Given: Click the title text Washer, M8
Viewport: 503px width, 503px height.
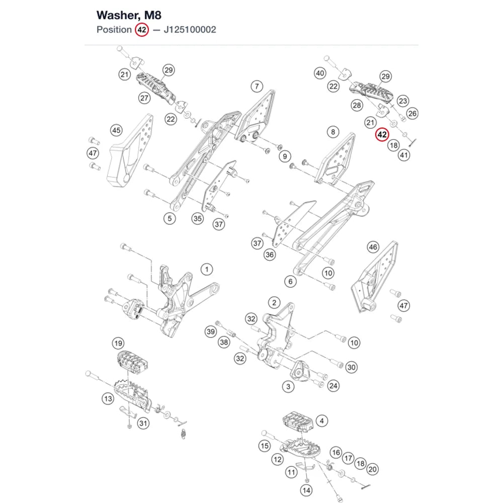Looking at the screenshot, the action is [x=129, y=15].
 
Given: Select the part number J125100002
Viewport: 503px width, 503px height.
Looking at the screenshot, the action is [x=190, y=30].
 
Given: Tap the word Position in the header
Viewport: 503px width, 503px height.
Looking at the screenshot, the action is [x=114, y=30].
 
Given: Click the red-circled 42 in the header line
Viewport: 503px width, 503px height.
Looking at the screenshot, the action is [x=142, y=30].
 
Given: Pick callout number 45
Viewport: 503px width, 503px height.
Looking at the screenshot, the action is [x=116, y=130].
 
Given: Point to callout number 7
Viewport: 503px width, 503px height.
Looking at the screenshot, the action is [x=257, y=87].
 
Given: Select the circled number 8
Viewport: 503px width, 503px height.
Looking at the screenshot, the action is [x=333, y=132].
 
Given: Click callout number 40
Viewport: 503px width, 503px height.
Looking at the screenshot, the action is [x=320, y=73].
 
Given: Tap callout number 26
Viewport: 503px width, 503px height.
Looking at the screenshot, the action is [x=412, y=114].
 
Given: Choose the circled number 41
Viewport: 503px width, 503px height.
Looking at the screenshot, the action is [x=404, y=155].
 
